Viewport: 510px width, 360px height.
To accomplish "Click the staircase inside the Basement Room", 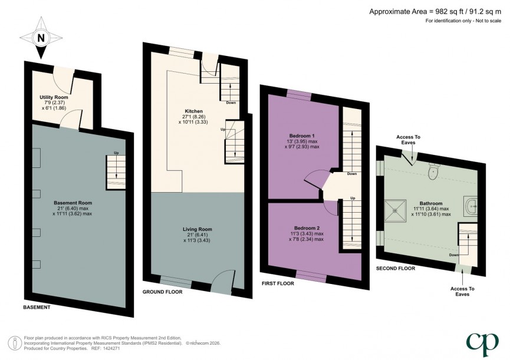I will (116, 171).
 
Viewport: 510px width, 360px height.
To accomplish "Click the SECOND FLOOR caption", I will (395, 268).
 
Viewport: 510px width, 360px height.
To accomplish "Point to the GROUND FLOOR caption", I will (162, 292).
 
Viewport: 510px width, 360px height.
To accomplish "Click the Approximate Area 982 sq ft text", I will (436, 11).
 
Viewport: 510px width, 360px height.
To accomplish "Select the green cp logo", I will (483, 342).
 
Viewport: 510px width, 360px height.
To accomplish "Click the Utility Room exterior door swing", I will (63, 76).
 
